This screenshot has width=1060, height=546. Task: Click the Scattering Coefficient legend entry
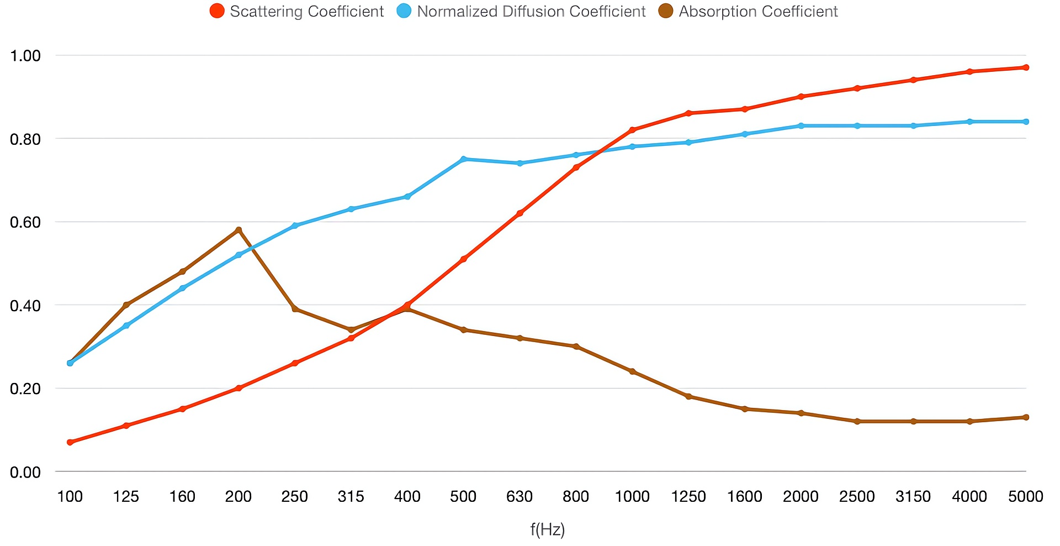pos(297,11)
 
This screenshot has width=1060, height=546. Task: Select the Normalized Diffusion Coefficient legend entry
pos(521,11)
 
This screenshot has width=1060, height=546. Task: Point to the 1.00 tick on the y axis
pos(25,55)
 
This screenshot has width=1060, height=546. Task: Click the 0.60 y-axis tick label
pos(25,222)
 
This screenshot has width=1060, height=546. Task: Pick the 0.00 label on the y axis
pos(25,472)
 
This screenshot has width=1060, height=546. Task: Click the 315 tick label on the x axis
pos(351,496)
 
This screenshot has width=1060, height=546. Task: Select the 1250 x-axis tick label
pos(688,496)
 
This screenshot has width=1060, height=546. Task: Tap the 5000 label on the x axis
pos(1025,496)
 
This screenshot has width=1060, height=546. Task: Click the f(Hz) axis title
pos(548,529)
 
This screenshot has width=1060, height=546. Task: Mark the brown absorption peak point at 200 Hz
pos(239,230)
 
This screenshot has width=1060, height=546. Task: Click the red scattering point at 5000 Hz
pos(1026,67)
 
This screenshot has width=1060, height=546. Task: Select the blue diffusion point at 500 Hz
pos(464,159)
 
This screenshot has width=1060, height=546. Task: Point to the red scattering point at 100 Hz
pos(70,442)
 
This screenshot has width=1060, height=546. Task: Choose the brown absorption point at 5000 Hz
pos(1026,417)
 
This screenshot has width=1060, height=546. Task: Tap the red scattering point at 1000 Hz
pos(632,130)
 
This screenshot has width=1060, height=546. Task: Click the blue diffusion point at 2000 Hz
pos(801,126)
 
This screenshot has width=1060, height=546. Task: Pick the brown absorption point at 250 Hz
pos(295,309)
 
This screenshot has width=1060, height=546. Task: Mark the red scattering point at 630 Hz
pos(520,213)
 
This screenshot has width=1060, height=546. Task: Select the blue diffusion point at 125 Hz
pos(126,326)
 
